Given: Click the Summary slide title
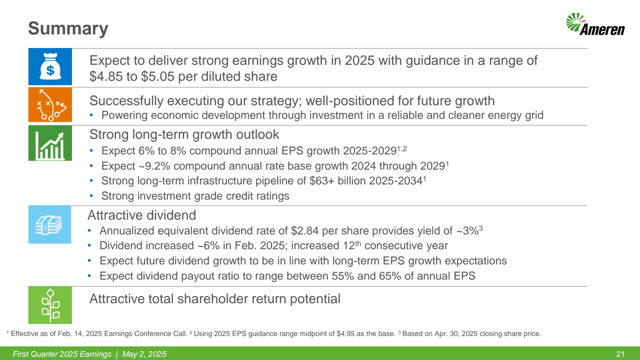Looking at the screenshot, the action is (x=68, y=28).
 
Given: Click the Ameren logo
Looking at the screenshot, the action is (x=596, y=24).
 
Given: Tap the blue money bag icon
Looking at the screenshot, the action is (x=50, y=66).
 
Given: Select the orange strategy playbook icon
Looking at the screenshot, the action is (x=50, y=105).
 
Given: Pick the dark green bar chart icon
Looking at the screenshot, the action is (x=50, y=143).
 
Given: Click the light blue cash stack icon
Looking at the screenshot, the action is (x=50, y=224).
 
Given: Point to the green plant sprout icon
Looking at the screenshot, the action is (x=50, y=305).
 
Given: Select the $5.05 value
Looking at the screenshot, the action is (x=158, y=76).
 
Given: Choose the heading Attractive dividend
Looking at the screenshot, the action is (x=142, y=215).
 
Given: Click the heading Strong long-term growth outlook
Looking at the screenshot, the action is (x=184, y=134).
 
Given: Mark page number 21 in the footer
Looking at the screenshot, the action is (x=620, y=354).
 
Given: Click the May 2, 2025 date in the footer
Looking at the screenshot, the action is (x=144, y=354).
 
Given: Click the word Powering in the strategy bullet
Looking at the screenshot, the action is (x=124, y=116).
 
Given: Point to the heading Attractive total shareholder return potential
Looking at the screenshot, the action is (x=215, y=299).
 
